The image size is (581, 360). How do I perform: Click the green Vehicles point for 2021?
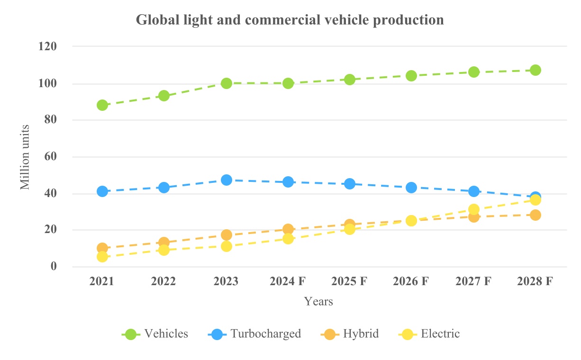(x=102, y=105)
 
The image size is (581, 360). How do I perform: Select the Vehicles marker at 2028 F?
(x=536, y=70)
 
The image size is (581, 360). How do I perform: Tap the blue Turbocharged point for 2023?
(x=226, y=180)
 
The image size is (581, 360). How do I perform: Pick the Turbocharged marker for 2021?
(x=102, y=191)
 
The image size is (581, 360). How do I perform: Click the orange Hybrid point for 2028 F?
(x=536, y=215)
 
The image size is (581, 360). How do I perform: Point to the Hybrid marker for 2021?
(x=102, y=248)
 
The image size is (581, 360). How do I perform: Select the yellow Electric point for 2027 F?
(x=474, y=209)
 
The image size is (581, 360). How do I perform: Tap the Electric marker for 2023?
(x=226, y=246)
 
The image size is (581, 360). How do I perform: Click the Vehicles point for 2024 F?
(x=288, y=83)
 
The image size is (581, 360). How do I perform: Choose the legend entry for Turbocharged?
(x=265, y=334)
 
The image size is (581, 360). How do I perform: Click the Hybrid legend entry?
(x=361, y=334)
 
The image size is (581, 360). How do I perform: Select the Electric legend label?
(x=440, y=334)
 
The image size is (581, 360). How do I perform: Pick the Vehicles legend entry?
(x=166, y=334)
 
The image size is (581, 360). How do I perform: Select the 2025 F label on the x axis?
(x=350, y=281)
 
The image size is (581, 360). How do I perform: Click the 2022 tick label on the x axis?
(x=163, y=281)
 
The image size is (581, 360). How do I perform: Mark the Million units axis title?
(x=25, y=157)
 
